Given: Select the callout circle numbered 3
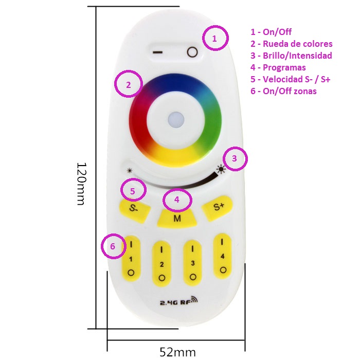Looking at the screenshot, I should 235,159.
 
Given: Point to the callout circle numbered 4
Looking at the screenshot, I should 177,201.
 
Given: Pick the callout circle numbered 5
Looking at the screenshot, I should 133,190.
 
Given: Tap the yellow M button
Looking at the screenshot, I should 177,218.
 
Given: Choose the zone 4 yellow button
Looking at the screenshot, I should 222,255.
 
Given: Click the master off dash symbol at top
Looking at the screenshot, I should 158,52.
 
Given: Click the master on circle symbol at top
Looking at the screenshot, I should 192,52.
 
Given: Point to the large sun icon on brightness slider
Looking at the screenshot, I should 221,168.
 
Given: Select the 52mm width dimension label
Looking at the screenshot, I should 177,352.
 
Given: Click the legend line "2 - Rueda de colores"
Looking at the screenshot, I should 291,44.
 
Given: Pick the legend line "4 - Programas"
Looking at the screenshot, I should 278,67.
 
